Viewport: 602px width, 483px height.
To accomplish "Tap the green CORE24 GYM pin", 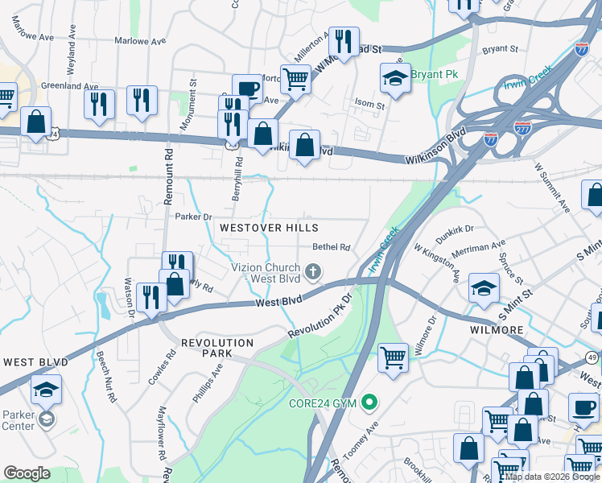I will click(x=369, y=401).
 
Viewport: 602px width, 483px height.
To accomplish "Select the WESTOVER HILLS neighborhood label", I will click(x=270, y=228).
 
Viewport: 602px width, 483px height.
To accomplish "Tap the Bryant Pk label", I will click(x=435, y=75).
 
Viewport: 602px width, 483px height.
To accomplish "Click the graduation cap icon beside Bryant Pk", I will click(x=395, y=78).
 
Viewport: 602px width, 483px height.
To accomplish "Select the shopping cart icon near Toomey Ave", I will click(x=393, y=356).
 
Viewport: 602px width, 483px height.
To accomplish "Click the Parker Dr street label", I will click(x=193, y=216).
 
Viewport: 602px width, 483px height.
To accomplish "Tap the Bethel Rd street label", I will click(x=332, y=248).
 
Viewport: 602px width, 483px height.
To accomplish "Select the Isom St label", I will click(x=370, y=105).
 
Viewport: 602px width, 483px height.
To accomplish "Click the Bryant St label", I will click(x=500, y=49).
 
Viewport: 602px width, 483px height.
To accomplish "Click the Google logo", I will click(x=27, y=473).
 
